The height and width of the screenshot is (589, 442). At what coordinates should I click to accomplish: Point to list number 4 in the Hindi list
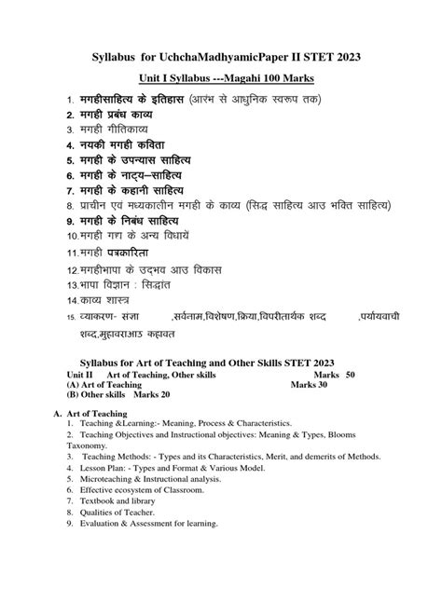click(x=68, y=147)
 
